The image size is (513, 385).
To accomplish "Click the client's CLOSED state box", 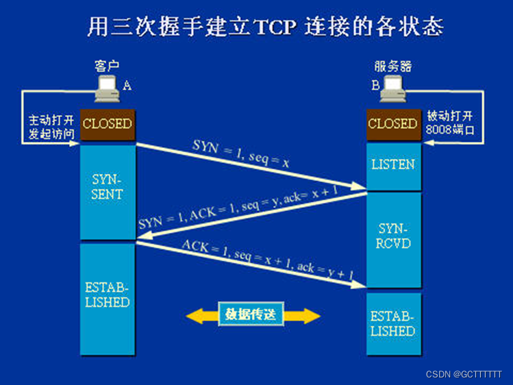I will pyautogui.click(x=107, y=124).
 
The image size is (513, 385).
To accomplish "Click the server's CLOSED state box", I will pyautogui.click(x=392, y=124).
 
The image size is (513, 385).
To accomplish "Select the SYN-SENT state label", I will pyautogui.click(x=107, y=186).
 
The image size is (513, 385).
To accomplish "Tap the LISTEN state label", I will pyautogui.click(x=392, y=164).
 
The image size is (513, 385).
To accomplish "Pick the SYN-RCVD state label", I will pyautogui.click(x=392, y=236).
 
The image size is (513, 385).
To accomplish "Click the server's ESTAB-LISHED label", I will pyautogui.click(x=392, y=323).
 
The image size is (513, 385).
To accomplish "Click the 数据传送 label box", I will pyautogui.click(x=251, y=315).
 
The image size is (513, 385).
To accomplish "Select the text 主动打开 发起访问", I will pyautogui.click(x=51, y=125).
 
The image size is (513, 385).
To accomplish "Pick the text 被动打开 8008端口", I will pyautogui.click(x=450, y=123).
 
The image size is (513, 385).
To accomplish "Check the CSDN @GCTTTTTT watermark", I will pyautogui.click(x=464, y=375).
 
